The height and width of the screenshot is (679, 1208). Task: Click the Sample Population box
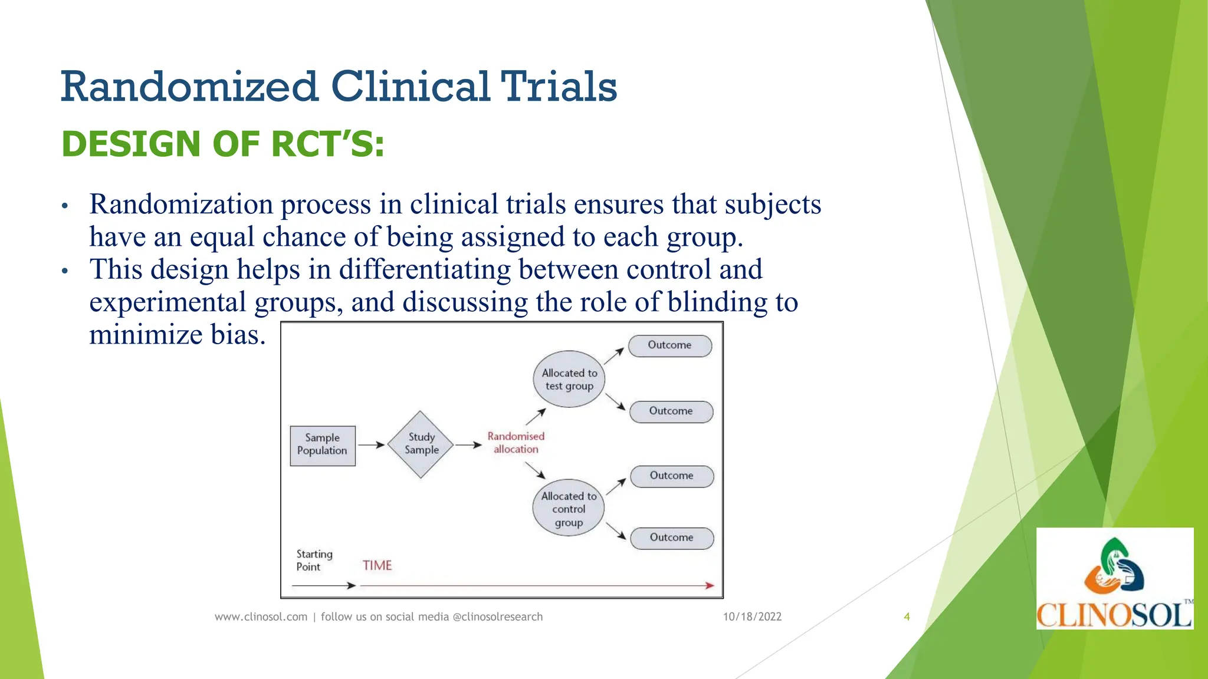point(323,446)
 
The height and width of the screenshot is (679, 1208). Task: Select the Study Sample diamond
point(421,444)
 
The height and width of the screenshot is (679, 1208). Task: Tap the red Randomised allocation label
point(516,443)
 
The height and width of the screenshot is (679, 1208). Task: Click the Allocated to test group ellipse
point(569,380)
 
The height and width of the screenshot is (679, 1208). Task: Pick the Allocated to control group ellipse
point(569,508)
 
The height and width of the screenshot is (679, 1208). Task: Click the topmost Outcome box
point(670,345)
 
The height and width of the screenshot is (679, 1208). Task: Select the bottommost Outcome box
point(672,538)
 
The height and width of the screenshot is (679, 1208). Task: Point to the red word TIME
point(377,566)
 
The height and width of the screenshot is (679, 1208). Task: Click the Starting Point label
point(314,561)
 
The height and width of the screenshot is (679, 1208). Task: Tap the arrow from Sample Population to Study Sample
point(372,445)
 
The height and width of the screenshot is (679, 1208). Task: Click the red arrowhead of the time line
point(710,585)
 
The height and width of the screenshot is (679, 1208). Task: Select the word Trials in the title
point(559,87)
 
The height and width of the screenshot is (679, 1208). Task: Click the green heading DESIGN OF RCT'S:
point(223,144)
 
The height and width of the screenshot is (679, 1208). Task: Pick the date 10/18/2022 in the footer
point(752,617)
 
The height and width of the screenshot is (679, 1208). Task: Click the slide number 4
point(907,617)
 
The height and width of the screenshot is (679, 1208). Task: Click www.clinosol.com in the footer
point(261,617)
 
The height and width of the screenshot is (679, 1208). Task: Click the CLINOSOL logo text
point(1114,615)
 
